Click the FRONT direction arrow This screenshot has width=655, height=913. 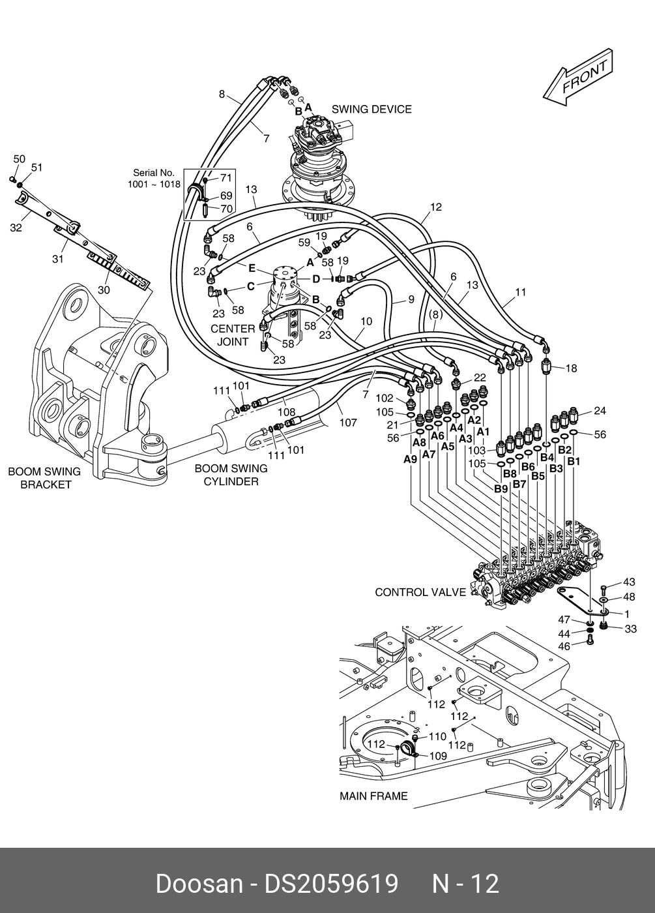click(577, 78)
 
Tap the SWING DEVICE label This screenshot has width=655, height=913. click(371, 110)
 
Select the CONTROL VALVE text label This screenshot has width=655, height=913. click(420, 592)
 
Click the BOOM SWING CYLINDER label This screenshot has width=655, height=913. click(231, 475)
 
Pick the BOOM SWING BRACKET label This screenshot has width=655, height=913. click(45, 478)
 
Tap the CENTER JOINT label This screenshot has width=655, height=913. click(233, 335)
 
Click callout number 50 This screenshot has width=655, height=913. click(19, 159)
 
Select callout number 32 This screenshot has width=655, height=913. click(16, 228)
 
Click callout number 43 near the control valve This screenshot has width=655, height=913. click(630, 582)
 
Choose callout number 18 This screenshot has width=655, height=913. click(572, 368)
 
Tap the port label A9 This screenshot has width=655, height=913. click(410, 459)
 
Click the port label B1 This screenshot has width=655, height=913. click(574, 462)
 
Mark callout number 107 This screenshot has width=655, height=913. click(348, 423)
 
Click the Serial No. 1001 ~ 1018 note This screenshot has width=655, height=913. click(154, 179)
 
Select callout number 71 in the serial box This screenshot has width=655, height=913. click(226, 177)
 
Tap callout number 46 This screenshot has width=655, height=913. click(564, 646)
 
